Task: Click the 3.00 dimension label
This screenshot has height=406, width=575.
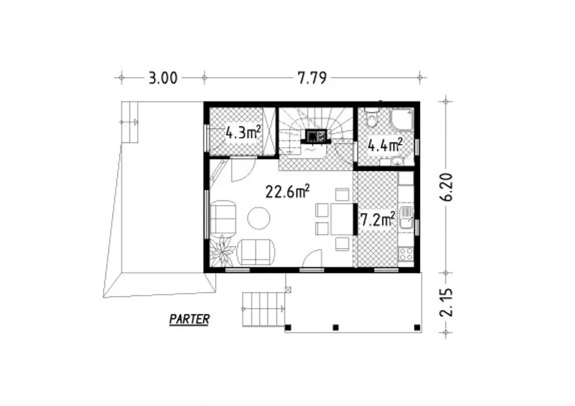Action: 163,78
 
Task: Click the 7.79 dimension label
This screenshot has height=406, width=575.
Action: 312,78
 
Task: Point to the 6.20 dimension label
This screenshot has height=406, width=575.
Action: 446,187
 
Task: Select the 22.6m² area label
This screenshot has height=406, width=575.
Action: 287,191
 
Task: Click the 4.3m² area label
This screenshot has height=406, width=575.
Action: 243,132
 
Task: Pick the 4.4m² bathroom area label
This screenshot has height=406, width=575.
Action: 385,146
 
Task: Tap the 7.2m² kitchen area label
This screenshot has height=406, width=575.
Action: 378,220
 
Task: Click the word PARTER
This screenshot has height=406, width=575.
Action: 189,319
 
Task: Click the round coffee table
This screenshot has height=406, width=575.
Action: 258,218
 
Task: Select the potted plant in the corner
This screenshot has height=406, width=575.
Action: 222,251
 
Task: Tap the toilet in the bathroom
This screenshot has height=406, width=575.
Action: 372,118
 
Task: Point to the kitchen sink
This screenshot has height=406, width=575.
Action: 406,218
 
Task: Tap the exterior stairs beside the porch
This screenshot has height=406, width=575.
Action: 264,309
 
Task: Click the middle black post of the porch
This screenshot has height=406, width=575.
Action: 336,327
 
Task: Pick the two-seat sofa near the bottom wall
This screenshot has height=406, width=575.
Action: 256,252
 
